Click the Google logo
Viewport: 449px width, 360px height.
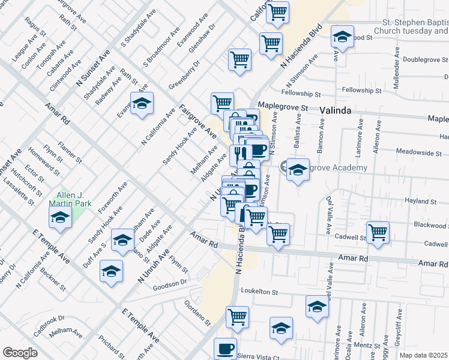pyautogui.click(x=20, y=353)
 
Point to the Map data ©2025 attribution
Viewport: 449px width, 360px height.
pyautogui.click(x=424, y=355)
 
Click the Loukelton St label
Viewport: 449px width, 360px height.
pyautogui.click(x=261, y=292)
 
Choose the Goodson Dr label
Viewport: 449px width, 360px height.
pyautogui.click(x=174, y=281)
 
